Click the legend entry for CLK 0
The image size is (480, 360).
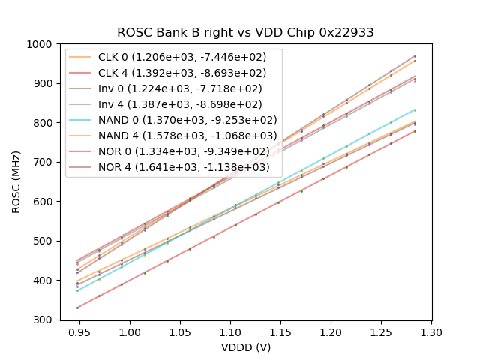point(173,58)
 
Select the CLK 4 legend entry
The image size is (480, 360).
point(173,73)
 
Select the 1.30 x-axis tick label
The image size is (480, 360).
point(431,331)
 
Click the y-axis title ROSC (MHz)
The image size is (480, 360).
point(16,181)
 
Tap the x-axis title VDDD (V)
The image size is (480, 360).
point(246,347)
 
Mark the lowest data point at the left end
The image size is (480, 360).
point(76,307)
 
